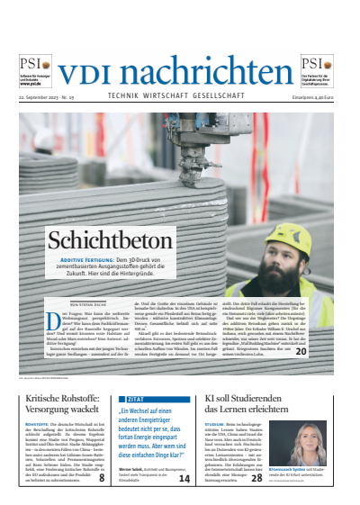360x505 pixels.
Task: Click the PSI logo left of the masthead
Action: tap(31, 66)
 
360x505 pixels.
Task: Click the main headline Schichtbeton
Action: tap(96, 240)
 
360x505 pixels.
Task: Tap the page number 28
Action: tap(256, 479)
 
